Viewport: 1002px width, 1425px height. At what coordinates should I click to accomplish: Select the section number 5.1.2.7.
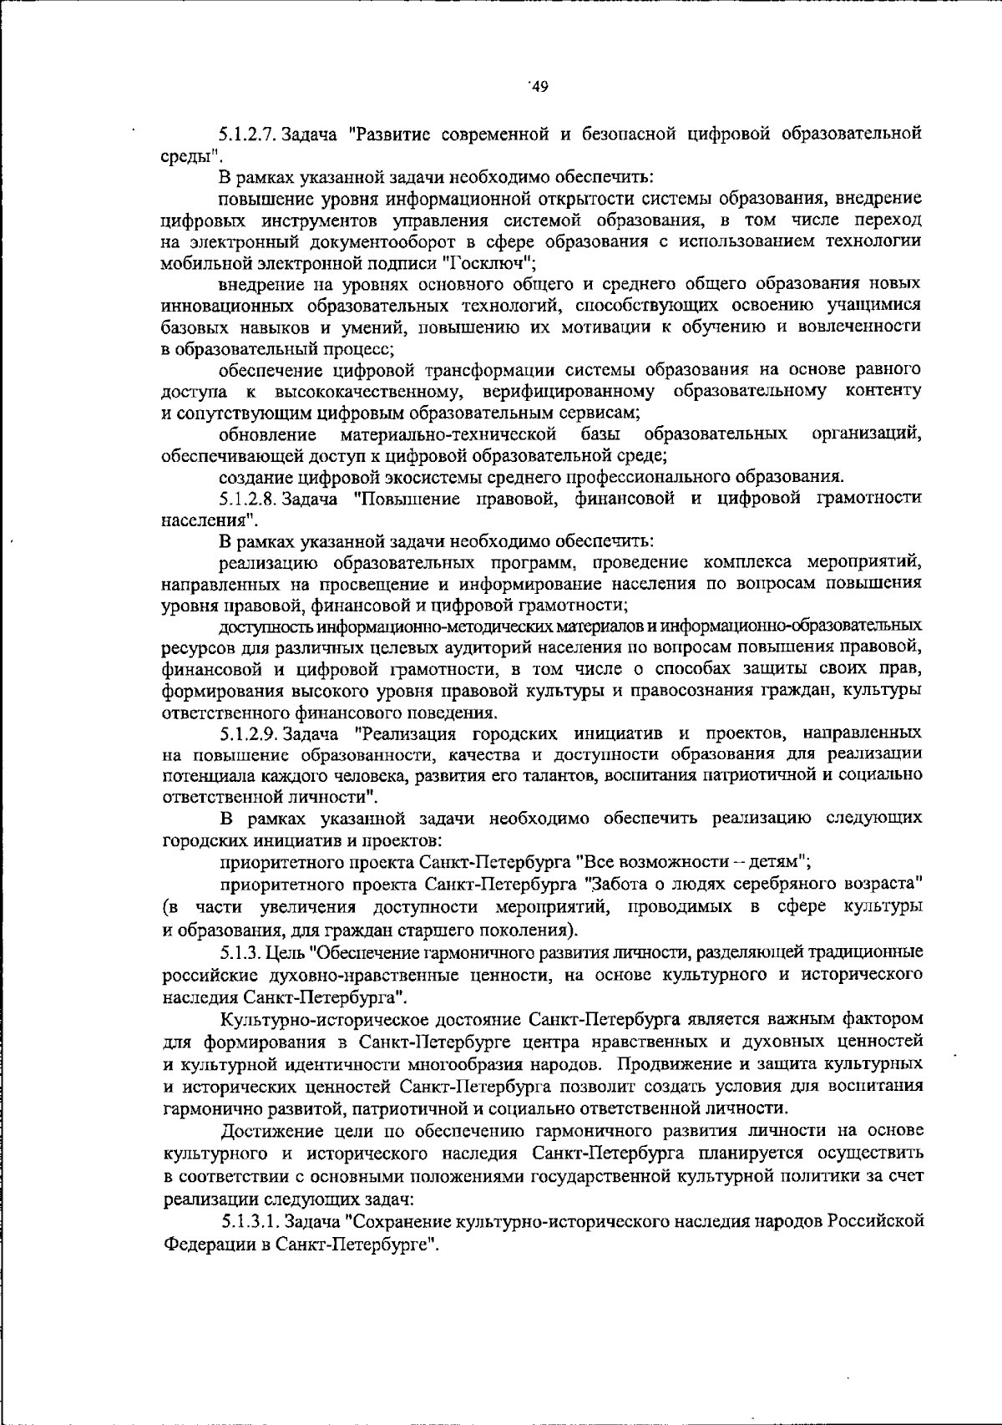click(248, 134)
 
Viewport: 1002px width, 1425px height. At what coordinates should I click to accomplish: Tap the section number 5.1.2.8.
click(248, 500)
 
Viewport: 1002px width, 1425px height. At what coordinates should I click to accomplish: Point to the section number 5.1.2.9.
click(248, 734)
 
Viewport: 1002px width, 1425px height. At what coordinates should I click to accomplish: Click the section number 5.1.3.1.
click(250, 1222)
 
